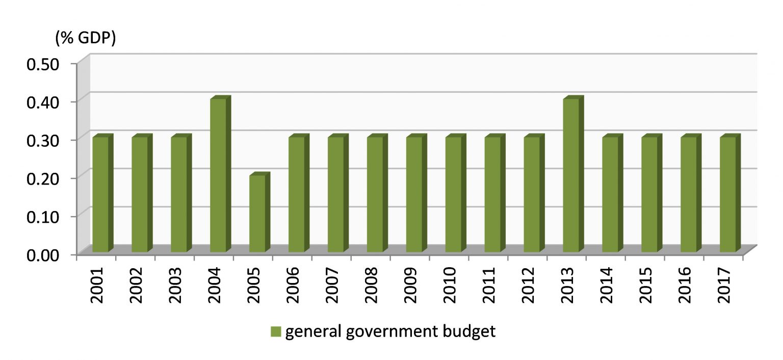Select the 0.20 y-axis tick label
tap(43, 178)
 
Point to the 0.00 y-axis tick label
tap(43, 254)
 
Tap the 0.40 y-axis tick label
tap(43, 101)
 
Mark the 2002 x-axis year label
tap(136, 284)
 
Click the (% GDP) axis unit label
tap(86, 39)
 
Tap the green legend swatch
tap(276, 332)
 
